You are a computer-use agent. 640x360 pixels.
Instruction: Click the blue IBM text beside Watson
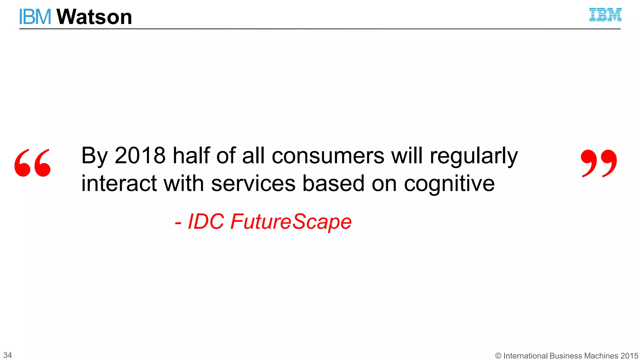tap(35, 17)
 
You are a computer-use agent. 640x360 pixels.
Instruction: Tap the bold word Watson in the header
tap(94, 17)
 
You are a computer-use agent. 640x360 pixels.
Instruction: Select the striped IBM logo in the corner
tap(605, 15)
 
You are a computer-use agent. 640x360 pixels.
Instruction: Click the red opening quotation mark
tap(32, 163)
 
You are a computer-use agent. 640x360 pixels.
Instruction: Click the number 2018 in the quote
tap(140, 155)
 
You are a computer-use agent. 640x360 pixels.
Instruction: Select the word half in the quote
tap(192, 155)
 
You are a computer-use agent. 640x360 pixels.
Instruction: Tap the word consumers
tap(328, 155)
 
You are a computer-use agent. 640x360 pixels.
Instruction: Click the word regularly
tap(474, 156)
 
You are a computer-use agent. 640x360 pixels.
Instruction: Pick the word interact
tap(119, 183)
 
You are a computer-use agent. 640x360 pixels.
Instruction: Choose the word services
tap(253, 183)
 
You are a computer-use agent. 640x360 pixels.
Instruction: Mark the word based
tap(333, 183)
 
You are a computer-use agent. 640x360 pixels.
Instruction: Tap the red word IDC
tap(206, 222)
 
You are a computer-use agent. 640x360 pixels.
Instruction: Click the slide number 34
tap(7, 355)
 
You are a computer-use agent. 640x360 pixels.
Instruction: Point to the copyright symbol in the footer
tap(498, 356)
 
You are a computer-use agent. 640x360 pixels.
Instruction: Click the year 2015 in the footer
tap(629, 356)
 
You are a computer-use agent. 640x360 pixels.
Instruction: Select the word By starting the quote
tap(94, 156)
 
